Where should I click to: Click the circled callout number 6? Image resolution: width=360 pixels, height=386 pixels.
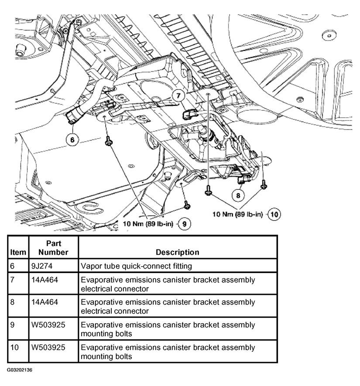coord(72,140)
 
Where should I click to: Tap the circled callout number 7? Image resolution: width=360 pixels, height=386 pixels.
coord(178,96)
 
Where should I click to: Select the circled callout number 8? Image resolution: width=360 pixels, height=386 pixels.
coord(238,195)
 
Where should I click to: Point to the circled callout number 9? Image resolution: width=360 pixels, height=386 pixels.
coord(185,224)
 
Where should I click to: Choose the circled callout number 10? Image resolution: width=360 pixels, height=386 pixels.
coord(274,214)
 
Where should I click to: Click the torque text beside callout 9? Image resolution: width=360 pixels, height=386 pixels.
coord(148,224)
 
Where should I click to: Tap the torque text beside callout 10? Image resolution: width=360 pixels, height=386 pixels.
coord(238,214)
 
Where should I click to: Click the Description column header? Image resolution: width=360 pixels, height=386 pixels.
coord(178,252)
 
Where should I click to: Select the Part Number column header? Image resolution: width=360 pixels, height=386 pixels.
coord(53,248)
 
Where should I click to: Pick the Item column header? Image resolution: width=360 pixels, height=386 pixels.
coord(18,252)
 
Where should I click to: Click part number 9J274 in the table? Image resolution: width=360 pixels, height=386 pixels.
coord(42,266)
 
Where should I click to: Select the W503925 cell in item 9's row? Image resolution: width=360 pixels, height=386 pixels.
coord(48,325)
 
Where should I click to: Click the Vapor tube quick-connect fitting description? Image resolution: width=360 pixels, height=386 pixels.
coord(137,266)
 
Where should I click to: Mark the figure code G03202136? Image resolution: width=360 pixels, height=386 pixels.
coord(20,370)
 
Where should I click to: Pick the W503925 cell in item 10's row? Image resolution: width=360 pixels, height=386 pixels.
coord(48,347)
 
